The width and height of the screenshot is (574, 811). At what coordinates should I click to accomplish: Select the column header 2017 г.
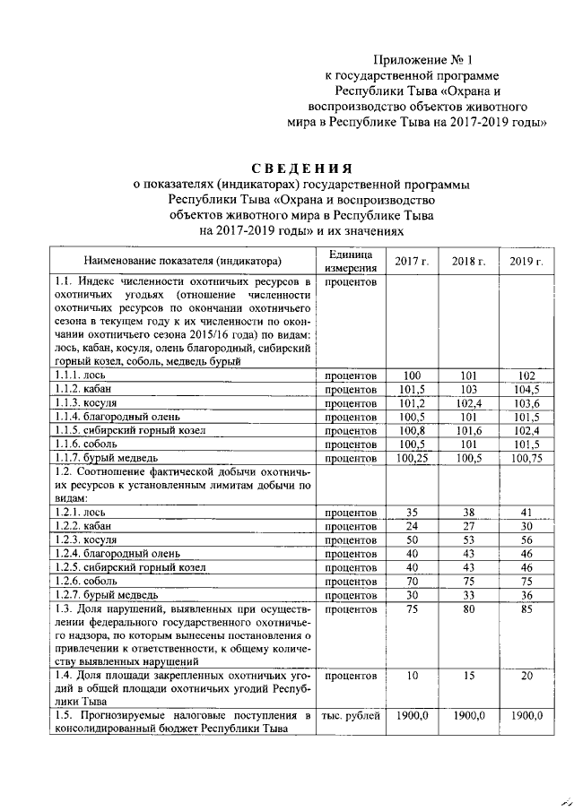tap(412, 261)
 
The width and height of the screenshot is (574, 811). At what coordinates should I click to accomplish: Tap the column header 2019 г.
tap(526, 261)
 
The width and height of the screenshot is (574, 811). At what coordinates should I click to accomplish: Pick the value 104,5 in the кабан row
tap(526, 389)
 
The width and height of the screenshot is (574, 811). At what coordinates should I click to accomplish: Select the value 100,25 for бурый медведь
tap(412, 459)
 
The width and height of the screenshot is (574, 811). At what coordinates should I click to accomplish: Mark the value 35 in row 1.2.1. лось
tap(412, 511)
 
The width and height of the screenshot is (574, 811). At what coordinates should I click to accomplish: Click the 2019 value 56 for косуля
tap(526, 539)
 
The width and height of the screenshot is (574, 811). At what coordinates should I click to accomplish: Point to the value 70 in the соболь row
tap(412, 580)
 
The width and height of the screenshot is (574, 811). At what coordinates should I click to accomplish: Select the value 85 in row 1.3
tap(526, 608)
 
